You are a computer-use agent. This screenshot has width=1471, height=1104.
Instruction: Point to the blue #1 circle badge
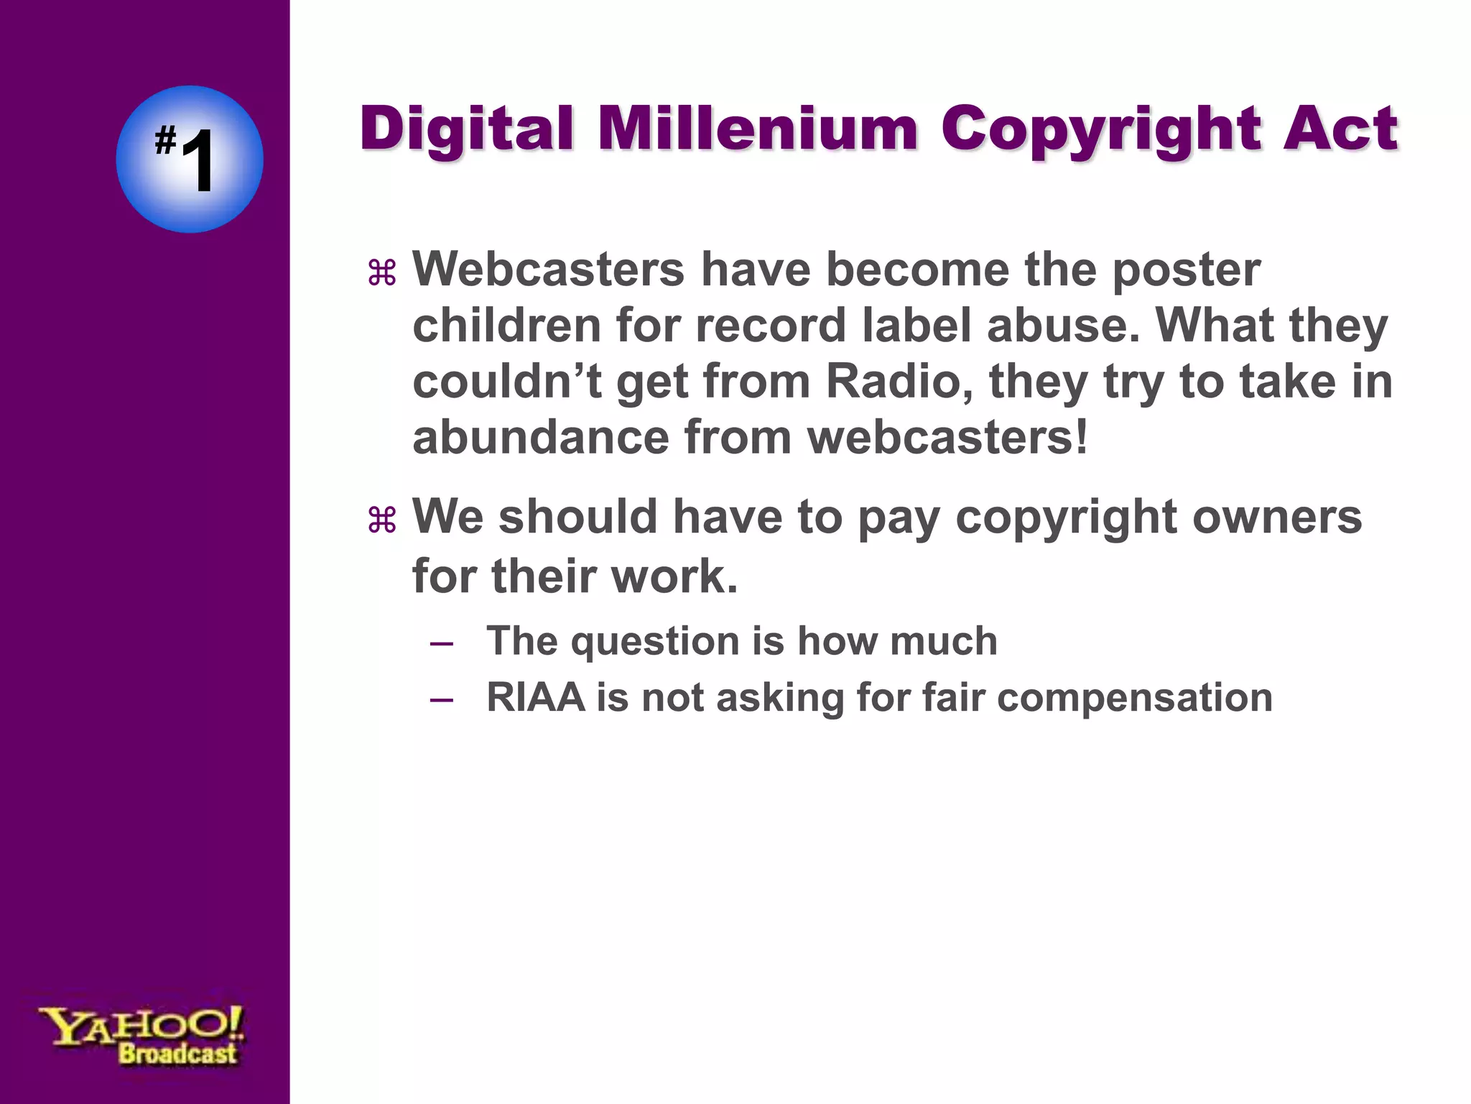(x=190, y=159)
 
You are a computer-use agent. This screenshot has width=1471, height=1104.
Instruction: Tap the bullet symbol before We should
(x=382, y=520)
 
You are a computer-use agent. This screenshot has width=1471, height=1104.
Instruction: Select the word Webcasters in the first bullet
(x=549, y=270)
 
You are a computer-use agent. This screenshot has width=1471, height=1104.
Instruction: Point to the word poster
(x=1186, y=271)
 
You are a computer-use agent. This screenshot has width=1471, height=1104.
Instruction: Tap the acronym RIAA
(x=535, y=698)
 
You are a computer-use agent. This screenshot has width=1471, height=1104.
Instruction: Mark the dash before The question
(x=441, y=643)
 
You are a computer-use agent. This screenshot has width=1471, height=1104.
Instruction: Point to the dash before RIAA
(x=441, y=699)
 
